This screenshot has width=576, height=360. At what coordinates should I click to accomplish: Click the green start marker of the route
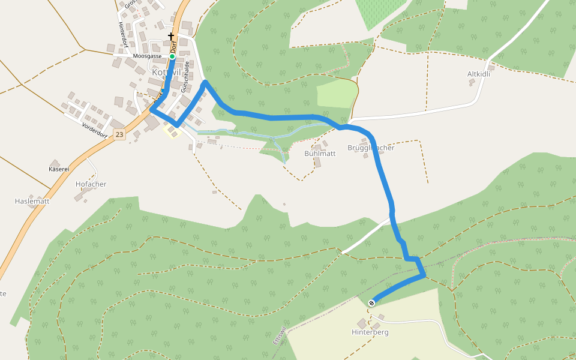click(172, 56)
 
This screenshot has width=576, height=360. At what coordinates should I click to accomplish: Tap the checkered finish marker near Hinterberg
click(371, 303)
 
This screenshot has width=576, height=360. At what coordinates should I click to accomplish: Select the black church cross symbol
click(171, 37)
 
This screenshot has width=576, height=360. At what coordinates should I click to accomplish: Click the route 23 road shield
click(120, 135)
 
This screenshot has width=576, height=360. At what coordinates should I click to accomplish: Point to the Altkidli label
click(479, 74)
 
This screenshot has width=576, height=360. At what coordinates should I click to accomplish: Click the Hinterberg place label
click(370, 332)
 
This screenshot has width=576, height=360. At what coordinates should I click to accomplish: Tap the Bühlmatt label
click(320, 154)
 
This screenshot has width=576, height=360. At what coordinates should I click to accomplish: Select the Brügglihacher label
click(371, 148)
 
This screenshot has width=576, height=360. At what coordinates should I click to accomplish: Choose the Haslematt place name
click(32, 201)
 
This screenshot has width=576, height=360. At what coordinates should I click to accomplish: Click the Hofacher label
click(91, 184)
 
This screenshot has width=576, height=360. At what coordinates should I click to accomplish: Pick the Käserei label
click(59, 169)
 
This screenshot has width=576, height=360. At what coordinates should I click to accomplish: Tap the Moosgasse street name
click(147, 56)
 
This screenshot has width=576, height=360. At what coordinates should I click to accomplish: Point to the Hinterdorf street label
click(122, 35)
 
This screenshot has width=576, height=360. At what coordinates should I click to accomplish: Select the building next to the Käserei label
click(55, 163)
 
